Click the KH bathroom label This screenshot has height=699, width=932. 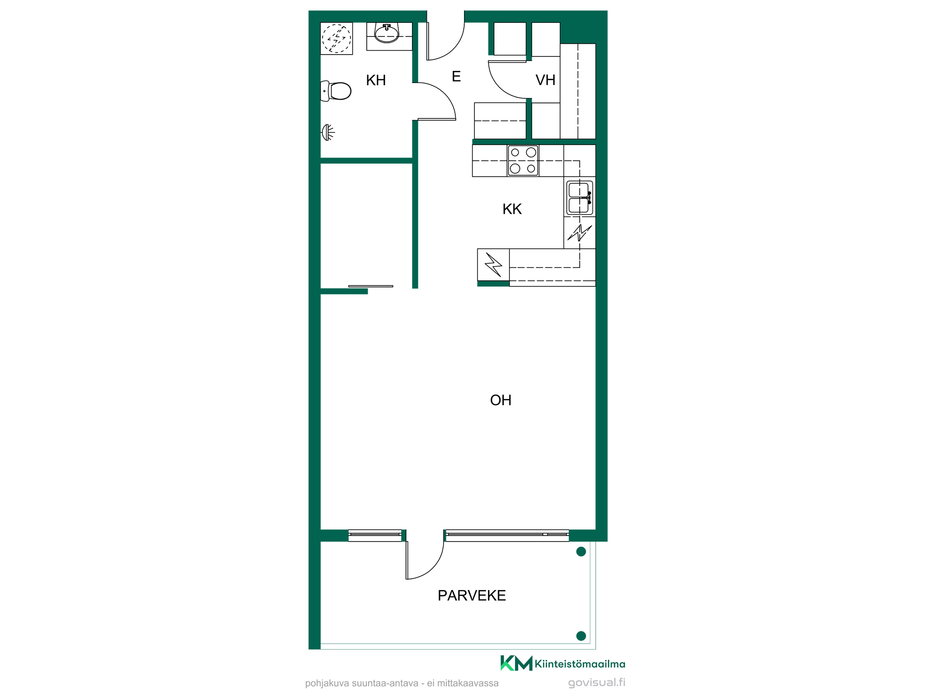tap(376, 80)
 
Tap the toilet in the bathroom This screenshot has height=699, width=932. tap(336, 91)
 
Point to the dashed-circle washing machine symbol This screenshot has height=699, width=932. tap(336, 38)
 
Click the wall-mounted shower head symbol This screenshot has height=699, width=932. tap(328, 132)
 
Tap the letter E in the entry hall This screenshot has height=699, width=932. tap(456, 76)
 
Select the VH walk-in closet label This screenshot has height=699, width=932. tap(545, 80)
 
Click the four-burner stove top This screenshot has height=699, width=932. tap(523, 160)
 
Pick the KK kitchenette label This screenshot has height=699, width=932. tap(512, 209)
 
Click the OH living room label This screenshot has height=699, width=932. tap(500, 400)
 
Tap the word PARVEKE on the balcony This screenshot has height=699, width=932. tap(472, 596)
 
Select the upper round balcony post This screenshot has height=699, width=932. tap(581, 552)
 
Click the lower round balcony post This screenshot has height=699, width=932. tap(581, 636)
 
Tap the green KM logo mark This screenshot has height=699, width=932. tap(516, 663)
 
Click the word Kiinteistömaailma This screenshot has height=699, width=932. tap(580, 664)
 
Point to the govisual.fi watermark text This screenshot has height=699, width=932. tap(597, 683)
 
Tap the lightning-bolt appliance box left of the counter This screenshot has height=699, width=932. tap(493, 265)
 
